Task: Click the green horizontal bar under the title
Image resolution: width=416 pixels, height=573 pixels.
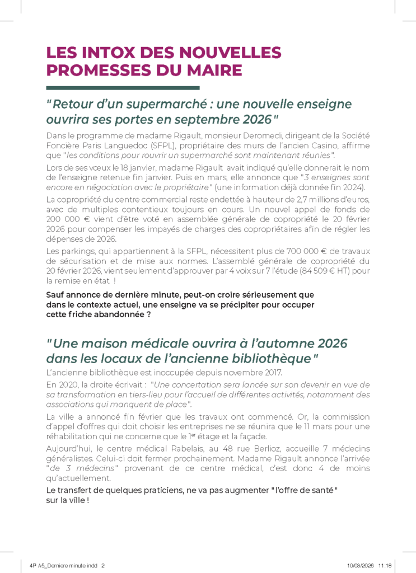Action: pos(123,88)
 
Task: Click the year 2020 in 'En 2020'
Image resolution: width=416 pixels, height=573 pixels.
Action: pos(69,384)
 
